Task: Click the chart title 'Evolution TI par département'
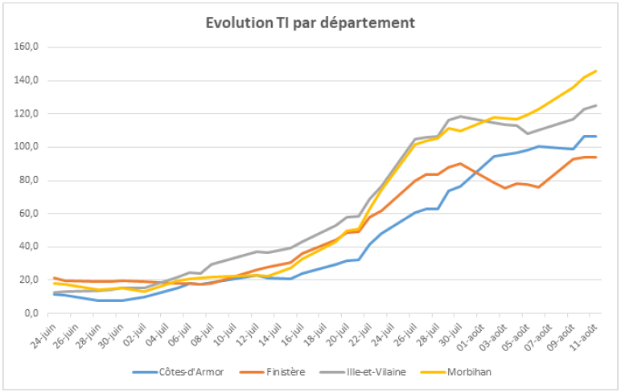click(x=310, y=23)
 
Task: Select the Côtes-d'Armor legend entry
click(x=179, y=372)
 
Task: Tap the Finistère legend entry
click(x=273, y=372)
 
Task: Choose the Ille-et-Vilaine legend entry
click(x=363, y=372)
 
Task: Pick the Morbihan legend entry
click(x=456, y=372)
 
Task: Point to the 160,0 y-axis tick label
click(x=26, y=47)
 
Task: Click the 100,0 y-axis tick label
click(x=26, y=147)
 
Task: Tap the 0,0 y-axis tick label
click(x=31, y=313)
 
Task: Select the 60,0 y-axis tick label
click(x=28, y=214)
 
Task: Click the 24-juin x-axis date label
click(x=44, y=336)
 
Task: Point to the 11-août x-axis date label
click(x=585, y=336)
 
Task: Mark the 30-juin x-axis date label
click(x=112, y=336)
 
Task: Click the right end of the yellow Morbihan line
click(x=595, y=71)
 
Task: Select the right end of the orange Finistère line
click(x=595, y=157)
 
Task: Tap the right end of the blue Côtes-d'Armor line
click(x=595, y=137)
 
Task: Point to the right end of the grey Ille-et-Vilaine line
click(x=595, y=105)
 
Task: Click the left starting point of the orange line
click(x=54, y=278)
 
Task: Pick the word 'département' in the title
click(x=367, y=23)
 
